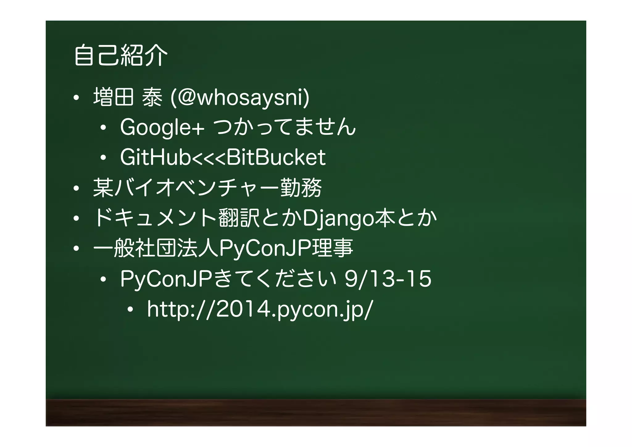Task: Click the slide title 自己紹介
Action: (121, 56)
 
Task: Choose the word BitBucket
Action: (276, 157)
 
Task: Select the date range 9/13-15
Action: (388, 279)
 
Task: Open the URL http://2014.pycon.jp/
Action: (260, 309)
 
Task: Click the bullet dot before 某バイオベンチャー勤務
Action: (76, 188)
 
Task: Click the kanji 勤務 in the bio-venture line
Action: (301, 188)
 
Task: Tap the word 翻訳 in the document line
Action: (239, 218)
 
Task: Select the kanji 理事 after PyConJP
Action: (332, 248)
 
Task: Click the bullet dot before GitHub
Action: (103, 158)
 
